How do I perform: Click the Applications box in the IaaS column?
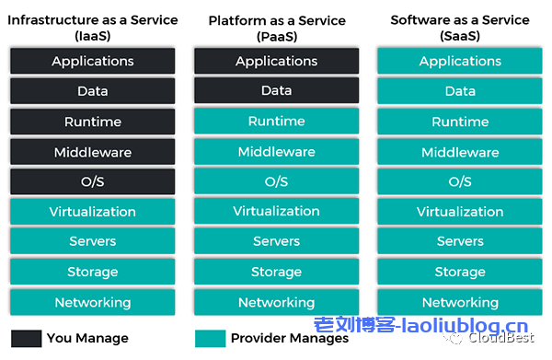pos(92,62)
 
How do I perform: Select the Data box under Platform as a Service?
pos(276,91)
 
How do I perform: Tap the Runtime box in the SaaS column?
pos(460,122)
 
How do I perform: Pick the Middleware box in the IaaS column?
pos(92,152)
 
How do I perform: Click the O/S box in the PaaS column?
pos(276,181)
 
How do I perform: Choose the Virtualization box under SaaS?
pos(460,212)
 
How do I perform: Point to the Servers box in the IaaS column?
pos(92,241)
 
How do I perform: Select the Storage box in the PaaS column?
pos(276,272)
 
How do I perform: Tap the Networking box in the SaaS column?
pos(460,302)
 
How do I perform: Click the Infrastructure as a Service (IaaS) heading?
pos(92,27)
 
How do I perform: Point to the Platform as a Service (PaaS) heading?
pos(276,27)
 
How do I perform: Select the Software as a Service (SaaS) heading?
pos(460,27)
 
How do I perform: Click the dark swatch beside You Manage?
pos(26,338)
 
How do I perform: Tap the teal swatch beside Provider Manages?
pos(211,338)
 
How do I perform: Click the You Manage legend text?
pos(87,338)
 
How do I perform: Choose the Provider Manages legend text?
pos(290,338)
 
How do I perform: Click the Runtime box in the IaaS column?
pos(92,122)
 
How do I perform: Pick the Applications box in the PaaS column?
pos(276,62)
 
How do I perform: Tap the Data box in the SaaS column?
pos(460,91)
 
